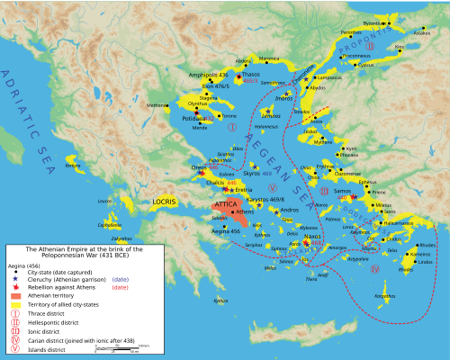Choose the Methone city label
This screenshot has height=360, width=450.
coord(157,104)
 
